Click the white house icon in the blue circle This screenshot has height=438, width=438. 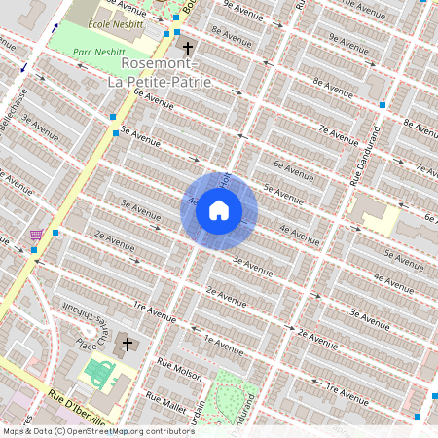219,210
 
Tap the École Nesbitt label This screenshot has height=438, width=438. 87,21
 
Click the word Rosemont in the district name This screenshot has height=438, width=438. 161,63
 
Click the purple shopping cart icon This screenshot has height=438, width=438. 37,234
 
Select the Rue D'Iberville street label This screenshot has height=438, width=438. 78,407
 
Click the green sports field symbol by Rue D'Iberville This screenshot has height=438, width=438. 97,372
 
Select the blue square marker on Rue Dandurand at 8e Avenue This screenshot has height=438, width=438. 383,104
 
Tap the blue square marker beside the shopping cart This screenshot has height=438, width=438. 55,233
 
